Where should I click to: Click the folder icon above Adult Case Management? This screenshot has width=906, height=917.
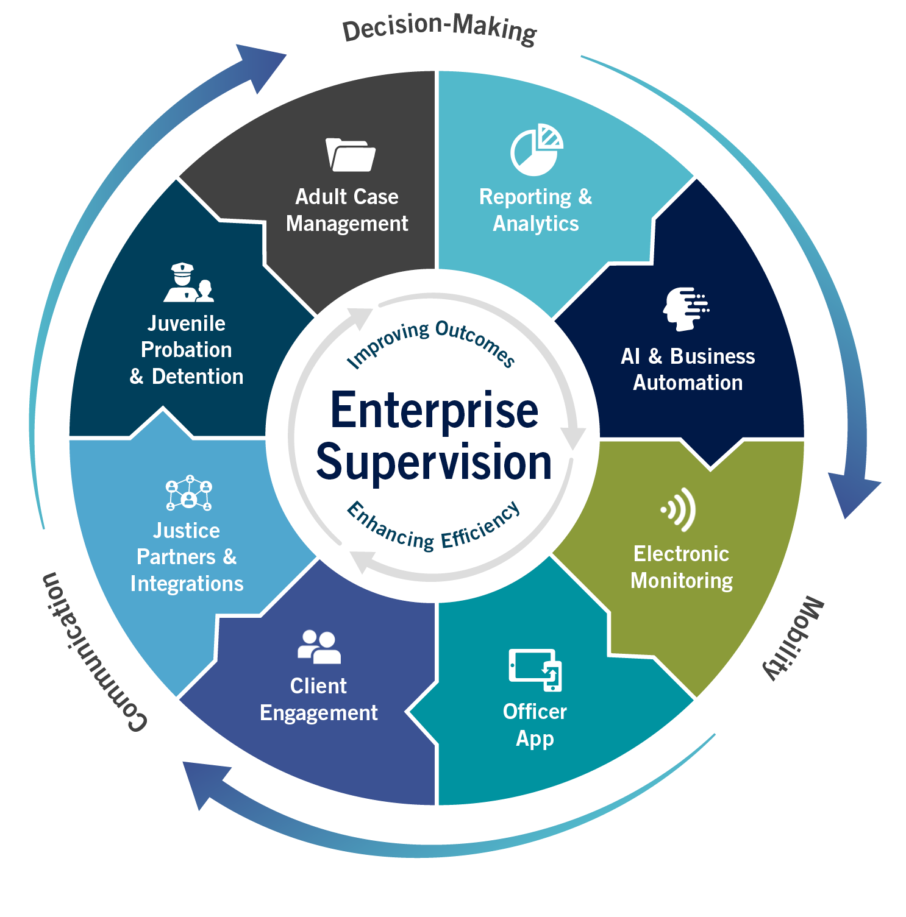(x=350, y=155)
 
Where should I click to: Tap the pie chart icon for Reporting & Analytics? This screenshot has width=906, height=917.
(x=536, y=150)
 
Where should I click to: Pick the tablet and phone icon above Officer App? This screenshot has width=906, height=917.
(x=535, y=670)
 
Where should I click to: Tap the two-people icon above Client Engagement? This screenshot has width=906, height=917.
(x=319, y=646)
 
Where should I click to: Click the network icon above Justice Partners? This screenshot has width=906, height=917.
(x=189, y=492)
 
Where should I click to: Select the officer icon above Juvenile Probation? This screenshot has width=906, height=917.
(x=188, y=283)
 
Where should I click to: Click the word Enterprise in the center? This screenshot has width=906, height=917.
(x=434, y=411)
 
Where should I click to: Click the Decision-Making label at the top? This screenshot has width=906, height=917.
(x=439, y=29)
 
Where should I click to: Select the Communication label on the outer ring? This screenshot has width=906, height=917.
(x=91, y=653)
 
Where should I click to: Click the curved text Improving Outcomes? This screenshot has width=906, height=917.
(x=430, y=343)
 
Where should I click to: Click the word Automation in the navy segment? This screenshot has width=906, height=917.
(x=688, y=383)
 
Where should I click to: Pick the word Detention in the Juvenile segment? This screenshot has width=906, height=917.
(x=198, y=377)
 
